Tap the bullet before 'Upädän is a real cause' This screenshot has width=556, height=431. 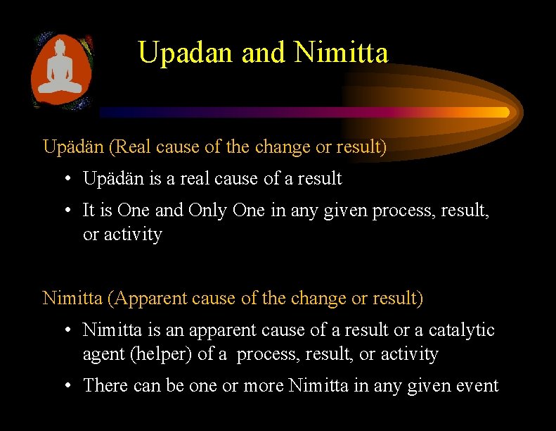70,180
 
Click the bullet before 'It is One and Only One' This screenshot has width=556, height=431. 70,211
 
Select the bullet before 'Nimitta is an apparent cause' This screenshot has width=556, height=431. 70,330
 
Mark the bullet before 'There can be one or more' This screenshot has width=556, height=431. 70,386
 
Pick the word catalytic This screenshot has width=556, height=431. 462,330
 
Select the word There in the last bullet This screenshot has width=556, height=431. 104,386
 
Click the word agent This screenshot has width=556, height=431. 103,355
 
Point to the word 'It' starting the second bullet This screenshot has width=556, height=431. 89,211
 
